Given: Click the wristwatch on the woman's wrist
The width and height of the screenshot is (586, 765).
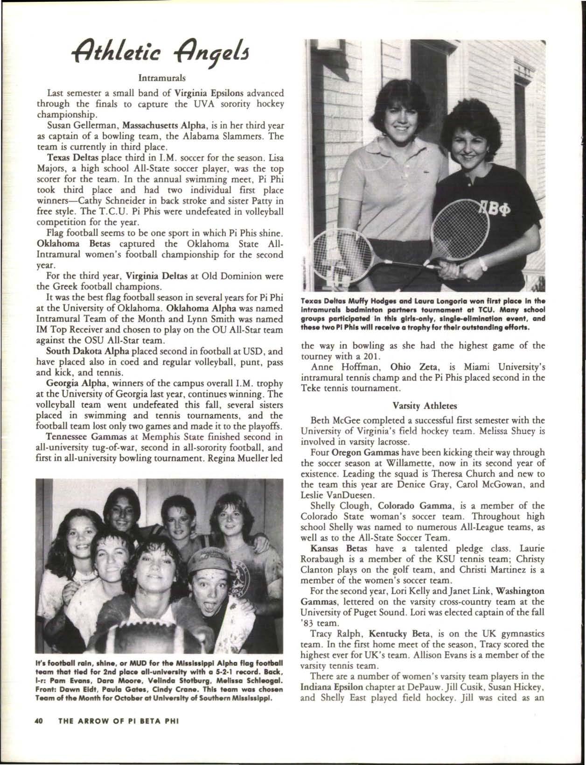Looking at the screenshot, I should coord(484,265).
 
